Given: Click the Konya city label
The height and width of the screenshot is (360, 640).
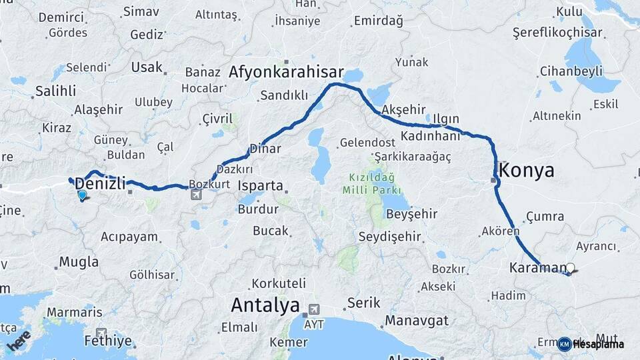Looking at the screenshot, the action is pyautogui.click(x=527, y=170).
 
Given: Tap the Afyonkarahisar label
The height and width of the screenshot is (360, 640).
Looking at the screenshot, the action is pyautogui.click(x=286, y=72).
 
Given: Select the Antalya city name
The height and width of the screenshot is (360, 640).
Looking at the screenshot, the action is pyautogui.click(x=265, y=306).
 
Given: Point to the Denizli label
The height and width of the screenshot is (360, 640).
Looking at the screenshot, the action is pyautogui.click(x=101, y=183).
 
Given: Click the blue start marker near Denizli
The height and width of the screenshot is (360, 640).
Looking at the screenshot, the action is pyautogui.click(x=82, y=195).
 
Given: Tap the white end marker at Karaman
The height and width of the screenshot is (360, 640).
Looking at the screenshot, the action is pyautogui.click(x=570, y=268).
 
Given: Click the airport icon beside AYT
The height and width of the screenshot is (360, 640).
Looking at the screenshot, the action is pyautogui.click(x=313, y=311).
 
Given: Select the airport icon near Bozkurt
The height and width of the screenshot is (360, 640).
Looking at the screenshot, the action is pyautogui.click(x=195, y=195).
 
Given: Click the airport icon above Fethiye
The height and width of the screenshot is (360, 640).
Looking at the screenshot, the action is pyautogui.click(x=101, y=333).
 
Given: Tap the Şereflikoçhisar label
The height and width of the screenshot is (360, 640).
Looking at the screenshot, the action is pyautogui.click(x=557, y=32).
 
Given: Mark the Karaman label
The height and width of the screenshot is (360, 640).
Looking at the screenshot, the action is pyautogui.click(x=537, y=268).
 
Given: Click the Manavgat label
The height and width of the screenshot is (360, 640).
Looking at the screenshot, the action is pyautogui.click(x=417, y=321).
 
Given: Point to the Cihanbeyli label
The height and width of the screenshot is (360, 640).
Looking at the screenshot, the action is pyautogui.click(x=571, y=71).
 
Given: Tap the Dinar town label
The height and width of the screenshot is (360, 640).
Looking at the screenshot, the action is pyautogui.click(x=265, y=149).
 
